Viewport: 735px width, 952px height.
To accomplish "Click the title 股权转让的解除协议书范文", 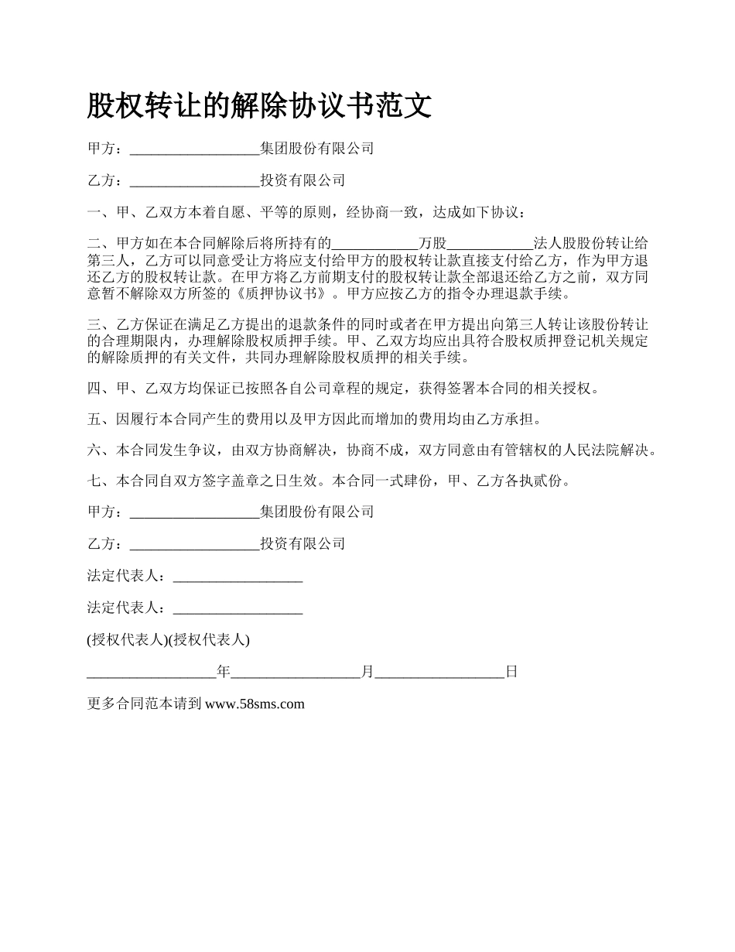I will pos(259,106).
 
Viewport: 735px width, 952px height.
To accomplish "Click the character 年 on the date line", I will pos(224,672).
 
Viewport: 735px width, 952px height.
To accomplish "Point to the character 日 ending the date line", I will pos(511,672).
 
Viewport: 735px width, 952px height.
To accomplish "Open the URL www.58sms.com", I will pos(255,704).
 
